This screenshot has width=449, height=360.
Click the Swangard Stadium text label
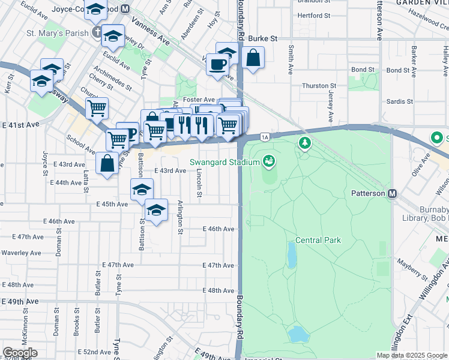click(225, 161)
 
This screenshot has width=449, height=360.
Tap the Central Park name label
click(318, 240)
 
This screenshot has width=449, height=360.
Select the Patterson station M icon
click(393, 193)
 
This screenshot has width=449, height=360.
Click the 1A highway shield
click(265, 138)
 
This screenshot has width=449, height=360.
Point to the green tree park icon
click(306, 143)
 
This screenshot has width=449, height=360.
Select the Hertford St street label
click(310, 16)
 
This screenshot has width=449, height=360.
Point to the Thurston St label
click(315, 86)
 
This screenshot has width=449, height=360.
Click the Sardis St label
click(400, 101)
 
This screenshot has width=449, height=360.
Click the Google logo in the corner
click(19, 353)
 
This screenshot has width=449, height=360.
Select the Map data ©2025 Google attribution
click(411, 355)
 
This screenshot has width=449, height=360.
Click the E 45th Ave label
click(112, 204)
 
